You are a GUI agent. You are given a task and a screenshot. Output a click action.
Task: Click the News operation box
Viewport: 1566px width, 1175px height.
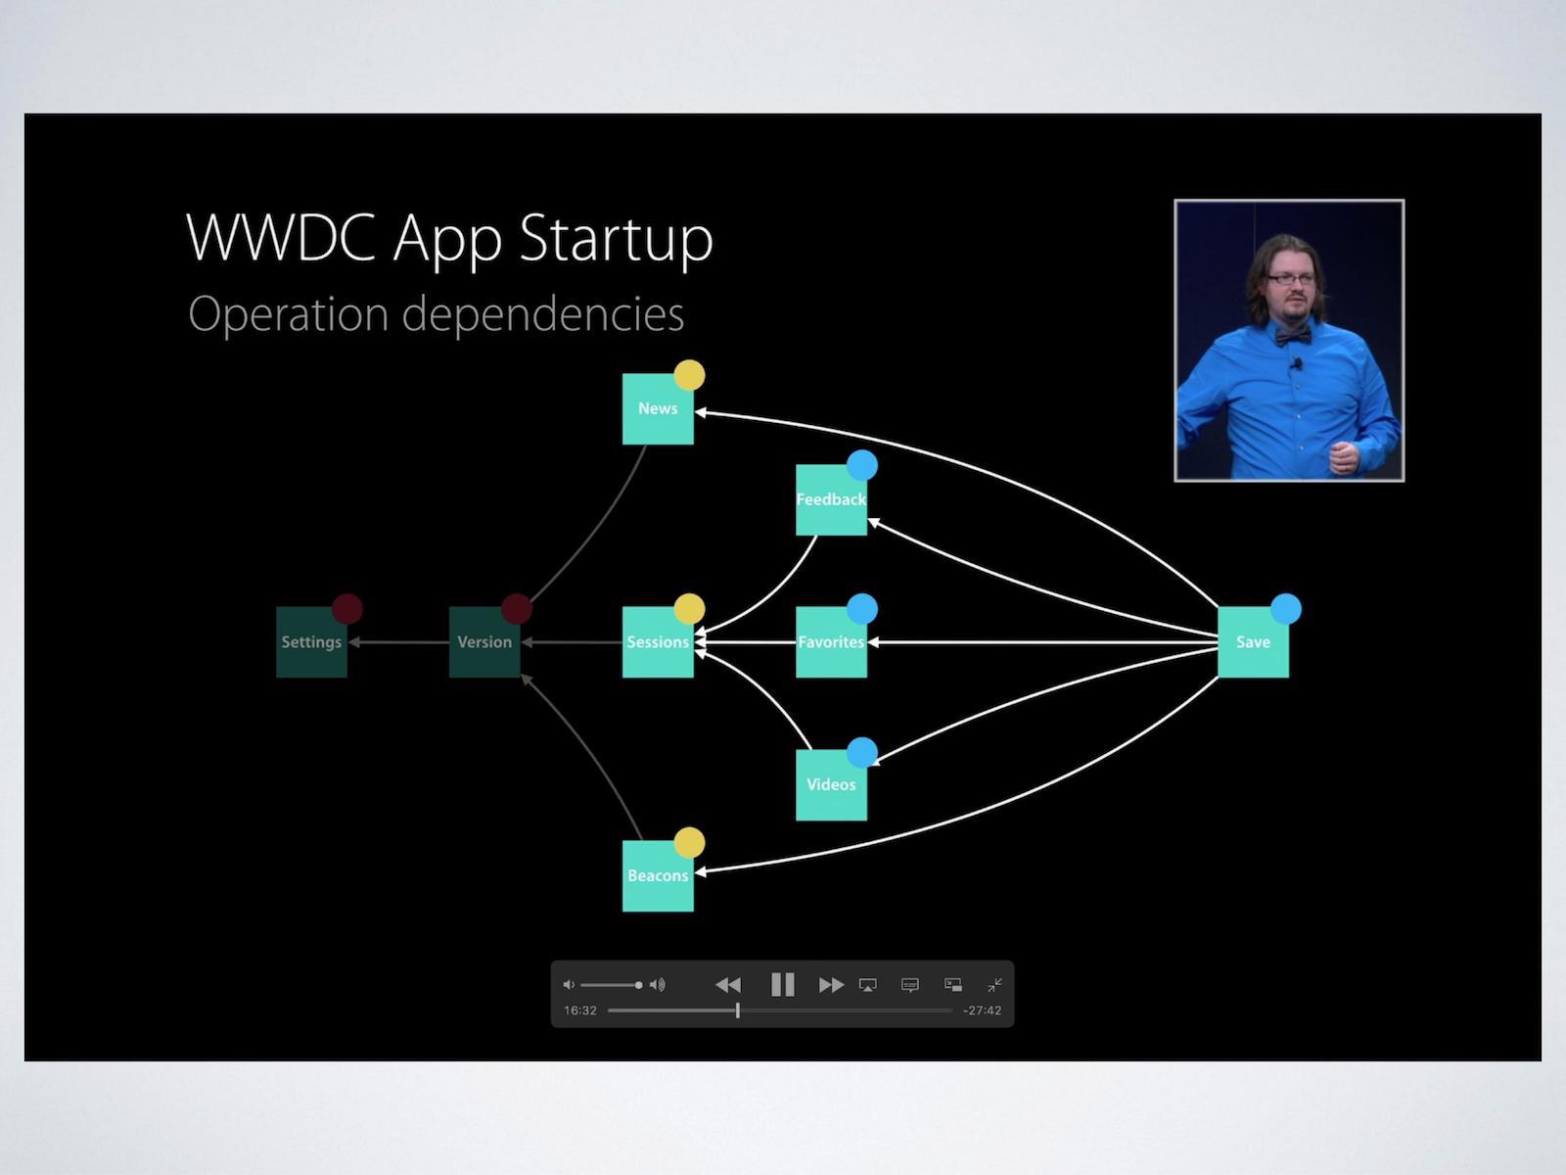tap(658, 409)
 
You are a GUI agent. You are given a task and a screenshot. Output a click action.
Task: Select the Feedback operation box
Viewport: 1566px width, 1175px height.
tap(831, 500)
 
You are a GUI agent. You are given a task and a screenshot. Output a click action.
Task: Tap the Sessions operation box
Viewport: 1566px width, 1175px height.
tap(658, 642)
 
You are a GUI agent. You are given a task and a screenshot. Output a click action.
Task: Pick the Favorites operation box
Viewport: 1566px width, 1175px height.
tap(831, 642)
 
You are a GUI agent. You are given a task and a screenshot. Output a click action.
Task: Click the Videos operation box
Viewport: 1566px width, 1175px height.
tap(831, 784)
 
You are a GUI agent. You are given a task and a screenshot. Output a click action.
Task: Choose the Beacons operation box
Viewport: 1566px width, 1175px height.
tap(658, 875)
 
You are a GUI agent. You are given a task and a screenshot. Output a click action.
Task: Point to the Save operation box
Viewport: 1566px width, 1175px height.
tap(1253, 642)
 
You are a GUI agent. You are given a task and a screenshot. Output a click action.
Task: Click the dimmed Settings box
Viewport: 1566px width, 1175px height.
tap(311, 642)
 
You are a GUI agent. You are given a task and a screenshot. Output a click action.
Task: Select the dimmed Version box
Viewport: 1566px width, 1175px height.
tap(484, 642)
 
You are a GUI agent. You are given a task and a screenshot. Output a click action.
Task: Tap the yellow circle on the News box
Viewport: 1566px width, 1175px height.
tap(689, 375)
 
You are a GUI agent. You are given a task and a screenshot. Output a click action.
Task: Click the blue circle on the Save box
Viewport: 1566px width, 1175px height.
tap(1286, 609)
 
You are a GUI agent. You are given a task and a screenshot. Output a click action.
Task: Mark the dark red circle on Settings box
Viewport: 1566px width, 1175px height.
tap(347, 609)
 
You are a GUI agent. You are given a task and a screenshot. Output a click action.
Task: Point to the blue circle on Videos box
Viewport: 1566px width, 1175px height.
tap(862, 753)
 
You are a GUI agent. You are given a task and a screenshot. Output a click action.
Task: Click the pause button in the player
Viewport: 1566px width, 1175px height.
tap(782, 984)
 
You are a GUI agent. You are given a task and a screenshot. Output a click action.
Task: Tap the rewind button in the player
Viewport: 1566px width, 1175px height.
tap(728, 984)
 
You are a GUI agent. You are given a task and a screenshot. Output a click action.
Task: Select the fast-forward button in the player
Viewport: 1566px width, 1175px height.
tap(831, 984)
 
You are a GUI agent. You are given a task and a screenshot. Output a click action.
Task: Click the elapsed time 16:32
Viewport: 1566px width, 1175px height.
tap(580, 1010)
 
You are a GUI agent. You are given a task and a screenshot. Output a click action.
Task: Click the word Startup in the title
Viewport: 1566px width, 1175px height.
tap(616, 238)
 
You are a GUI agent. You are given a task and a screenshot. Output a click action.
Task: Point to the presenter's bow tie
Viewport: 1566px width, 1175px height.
tap(1292, 336)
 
